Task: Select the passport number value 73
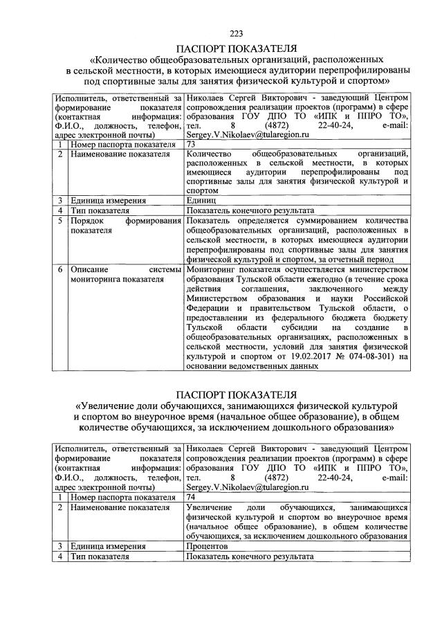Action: (192, 144)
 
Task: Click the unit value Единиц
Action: (201, 200)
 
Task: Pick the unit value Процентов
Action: (208, 545)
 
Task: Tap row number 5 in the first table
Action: (61, 220)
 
